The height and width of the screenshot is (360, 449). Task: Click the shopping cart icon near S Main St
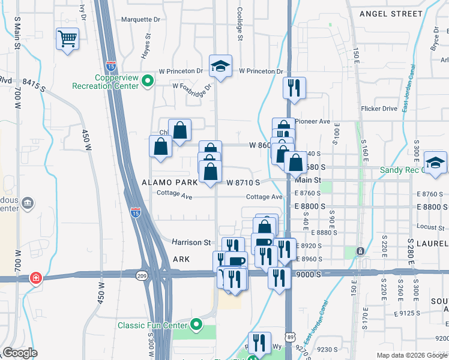67,40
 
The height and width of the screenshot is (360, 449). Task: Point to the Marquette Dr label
141,19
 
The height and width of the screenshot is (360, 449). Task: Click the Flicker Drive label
379,109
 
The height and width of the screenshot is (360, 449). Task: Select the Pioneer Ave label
313,121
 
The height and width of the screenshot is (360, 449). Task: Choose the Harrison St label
192,242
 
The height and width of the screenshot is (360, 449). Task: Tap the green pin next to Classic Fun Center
196,325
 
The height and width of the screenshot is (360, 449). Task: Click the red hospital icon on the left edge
36,278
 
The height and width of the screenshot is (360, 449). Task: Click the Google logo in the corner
20,353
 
